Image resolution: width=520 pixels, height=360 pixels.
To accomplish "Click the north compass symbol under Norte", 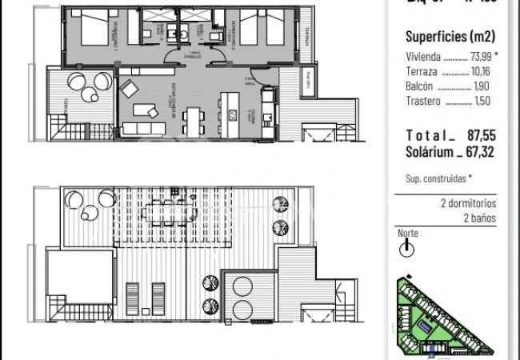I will click(408, 250).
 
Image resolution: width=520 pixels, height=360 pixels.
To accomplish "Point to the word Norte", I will click(407, 234).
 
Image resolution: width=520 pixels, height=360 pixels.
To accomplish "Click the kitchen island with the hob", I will click(232, 108).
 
